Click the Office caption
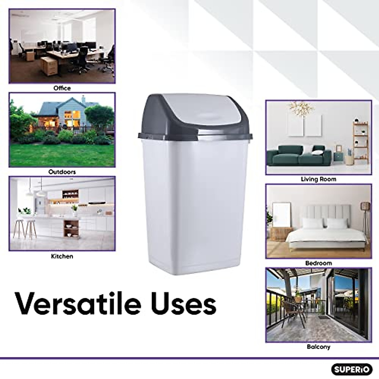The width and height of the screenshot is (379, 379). click(62, 88)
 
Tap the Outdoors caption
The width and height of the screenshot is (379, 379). click(62, 172)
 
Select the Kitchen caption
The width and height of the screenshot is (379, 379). click(62, 256)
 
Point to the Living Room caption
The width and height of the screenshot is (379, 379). click(318, 179)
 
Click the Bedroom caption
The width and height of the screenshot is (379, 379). click(318, 263)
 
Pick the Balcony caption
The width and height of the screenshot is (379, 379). click(318, 347)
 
